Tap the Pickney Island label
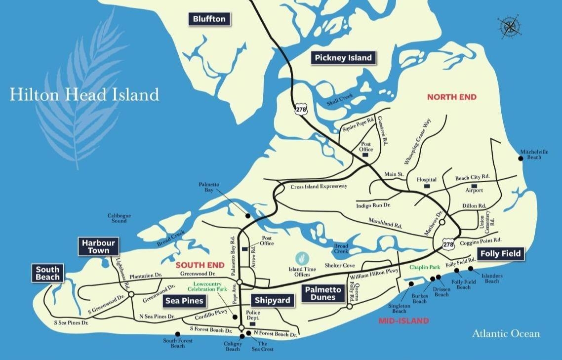343,58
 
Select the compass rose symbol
507,26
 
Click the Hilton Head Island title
84,94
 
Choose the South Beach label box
47,273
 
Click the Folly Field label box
499,254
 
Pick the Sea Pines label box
185,300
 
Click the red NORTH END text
452,97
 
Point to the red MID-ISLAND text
403,321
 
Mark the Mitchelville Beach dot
521,158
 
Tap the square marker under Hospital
427,187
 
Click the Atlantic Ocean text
506,334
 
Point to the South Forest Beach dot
178,333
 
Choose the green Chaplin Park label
425,267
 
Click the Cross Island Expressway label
319,187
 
